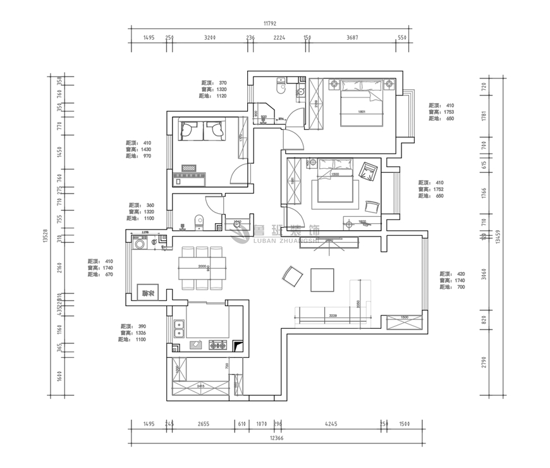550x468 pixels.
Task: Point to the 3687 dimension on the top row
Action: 353,38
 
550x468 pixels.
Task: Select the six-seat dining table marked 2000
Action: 202,268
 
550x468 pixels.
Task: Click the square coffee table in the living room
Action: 322,280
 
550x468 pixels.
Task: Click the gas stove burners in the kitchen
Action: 219,345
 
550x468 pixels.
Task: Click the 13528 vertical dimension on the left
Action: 46,235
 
